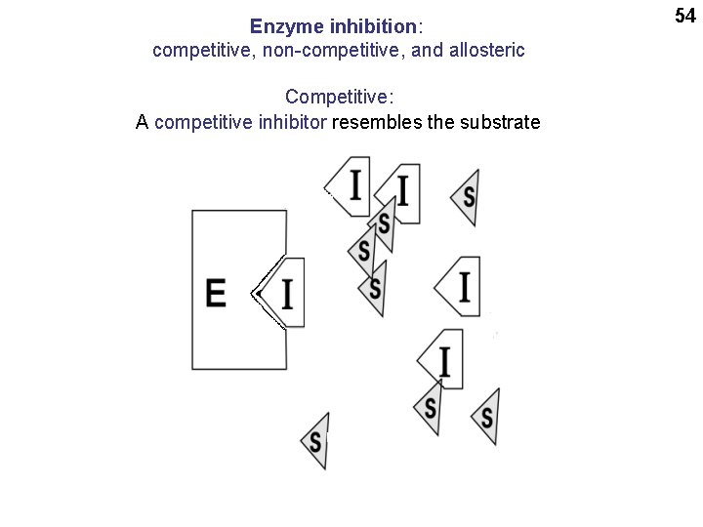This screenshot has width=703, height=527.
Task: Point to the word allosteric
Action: [485, 50]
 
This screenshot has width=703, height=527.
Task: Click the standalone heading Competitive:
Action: [339, 98]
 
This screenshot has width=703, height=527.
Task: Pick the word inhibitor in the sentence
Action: [291, 122]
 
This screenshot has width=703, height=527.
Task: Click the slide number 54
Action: [683, 15]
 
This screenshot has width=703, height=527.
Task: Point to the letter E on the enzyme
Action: [217, 293]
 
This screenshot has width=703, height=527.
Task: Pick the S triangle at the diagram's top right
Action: [468, 196]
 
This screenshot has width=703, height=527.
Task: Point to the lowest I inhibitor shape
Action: [442, 359]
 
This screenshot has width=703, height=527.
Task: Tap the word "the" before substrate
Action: [436, 122]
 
